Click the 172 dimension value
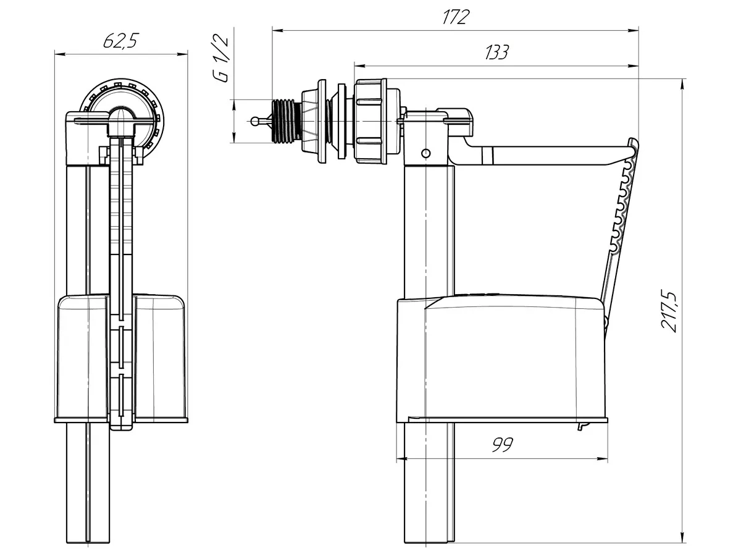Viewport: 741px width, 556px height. (x=455, y=17)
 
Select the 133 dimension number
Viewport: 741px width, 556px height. (x=496, y=53)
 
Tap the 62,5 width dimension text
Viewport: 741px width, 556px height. (x=121, y=42)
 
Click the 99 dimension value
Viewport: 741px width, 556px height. (x=503, y=445)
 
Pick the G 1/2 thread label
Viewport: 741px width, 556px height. (x=220, y=59)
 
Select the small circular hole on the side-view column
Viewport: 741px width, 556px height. (x=425, y=153)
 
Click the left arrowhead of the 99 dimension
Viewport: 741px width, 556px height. (x=401, y=458)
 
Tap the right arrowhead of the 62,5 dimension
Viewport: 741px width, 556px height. (x=183, y=54)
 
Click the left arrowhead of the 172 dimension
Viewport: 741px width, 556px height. (x=277, y=30)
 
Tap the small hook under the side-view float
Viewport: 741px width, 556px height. (x=581, y=426)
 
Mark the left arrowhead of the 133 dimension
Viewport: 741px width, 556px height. (x=359, y=65)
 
